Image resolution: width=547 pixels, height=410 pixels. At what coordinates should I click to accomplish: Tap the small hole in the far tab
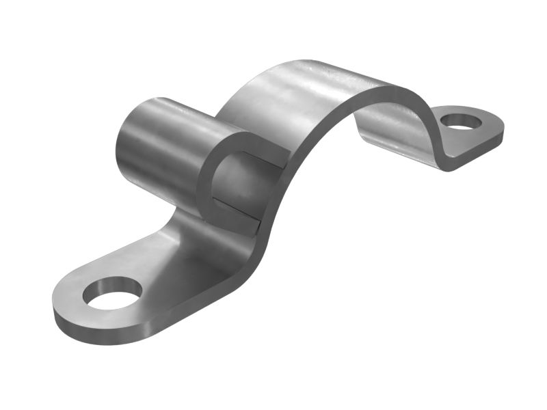(x=458, y=122)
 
